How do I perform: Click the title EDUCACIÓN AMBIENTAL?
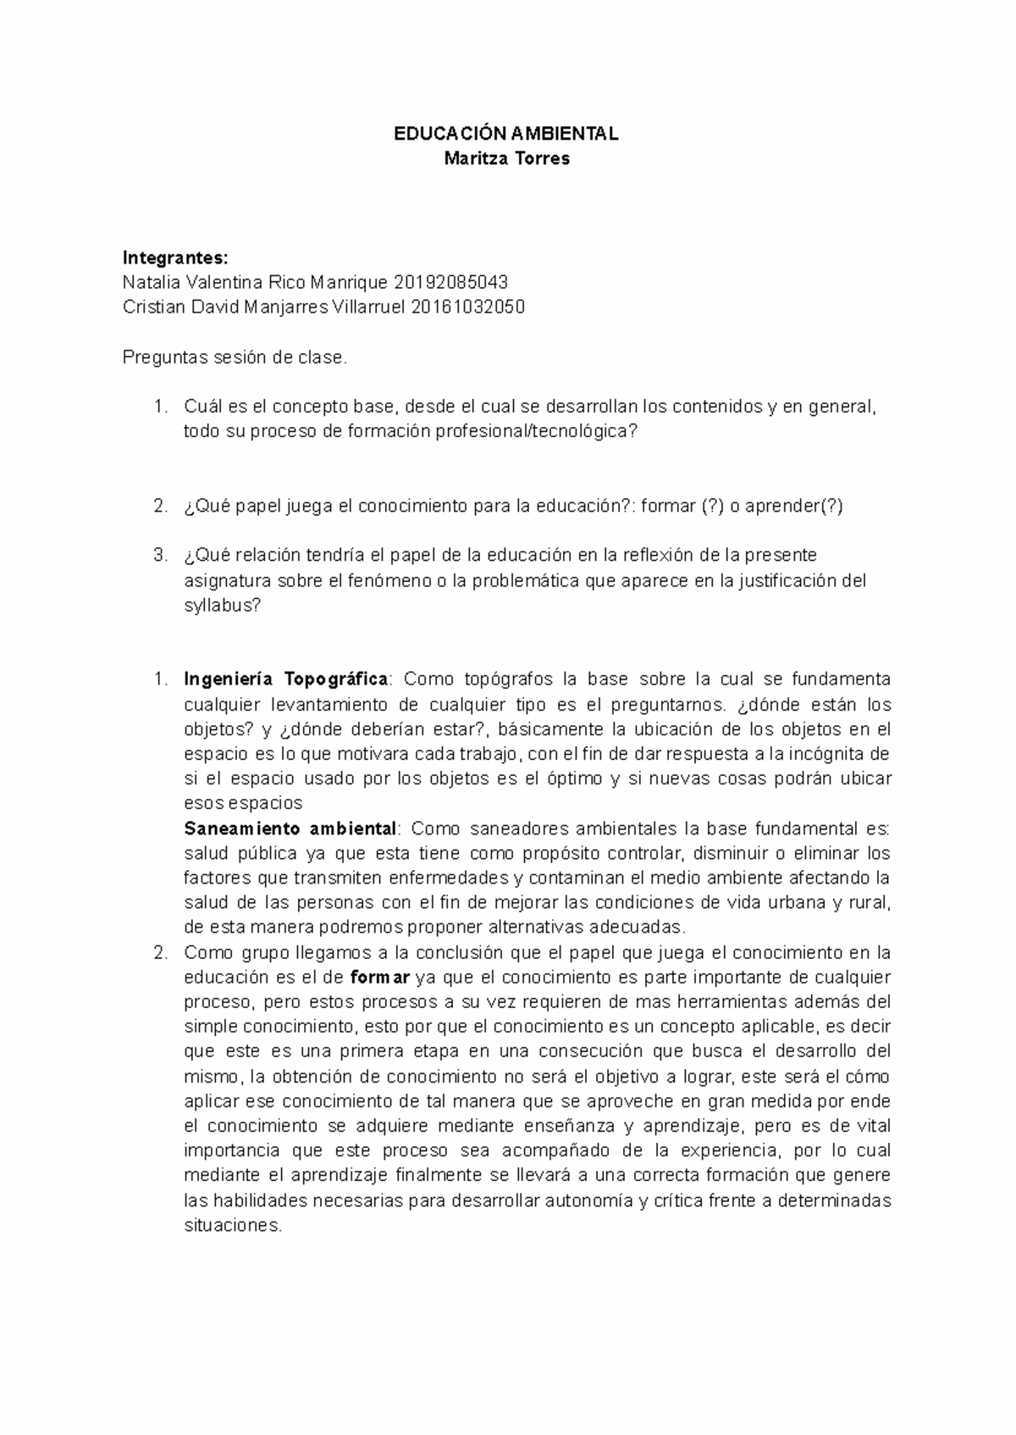507,134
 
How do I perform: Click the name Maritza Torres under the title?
507,158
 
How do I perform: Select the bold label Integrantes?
175,258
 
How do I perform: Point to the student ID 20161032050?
467,307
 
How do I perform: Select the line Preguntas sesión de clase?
235,357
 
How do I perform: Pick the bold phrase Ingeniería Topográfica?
286,679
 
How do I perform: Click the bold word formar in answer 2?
379,978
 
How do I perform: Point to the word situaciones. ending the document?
232,1226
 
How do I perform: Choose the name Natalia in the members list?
151,282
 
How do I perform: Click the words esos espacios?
243,803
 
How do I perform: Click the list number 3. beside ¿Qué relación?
161,556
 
